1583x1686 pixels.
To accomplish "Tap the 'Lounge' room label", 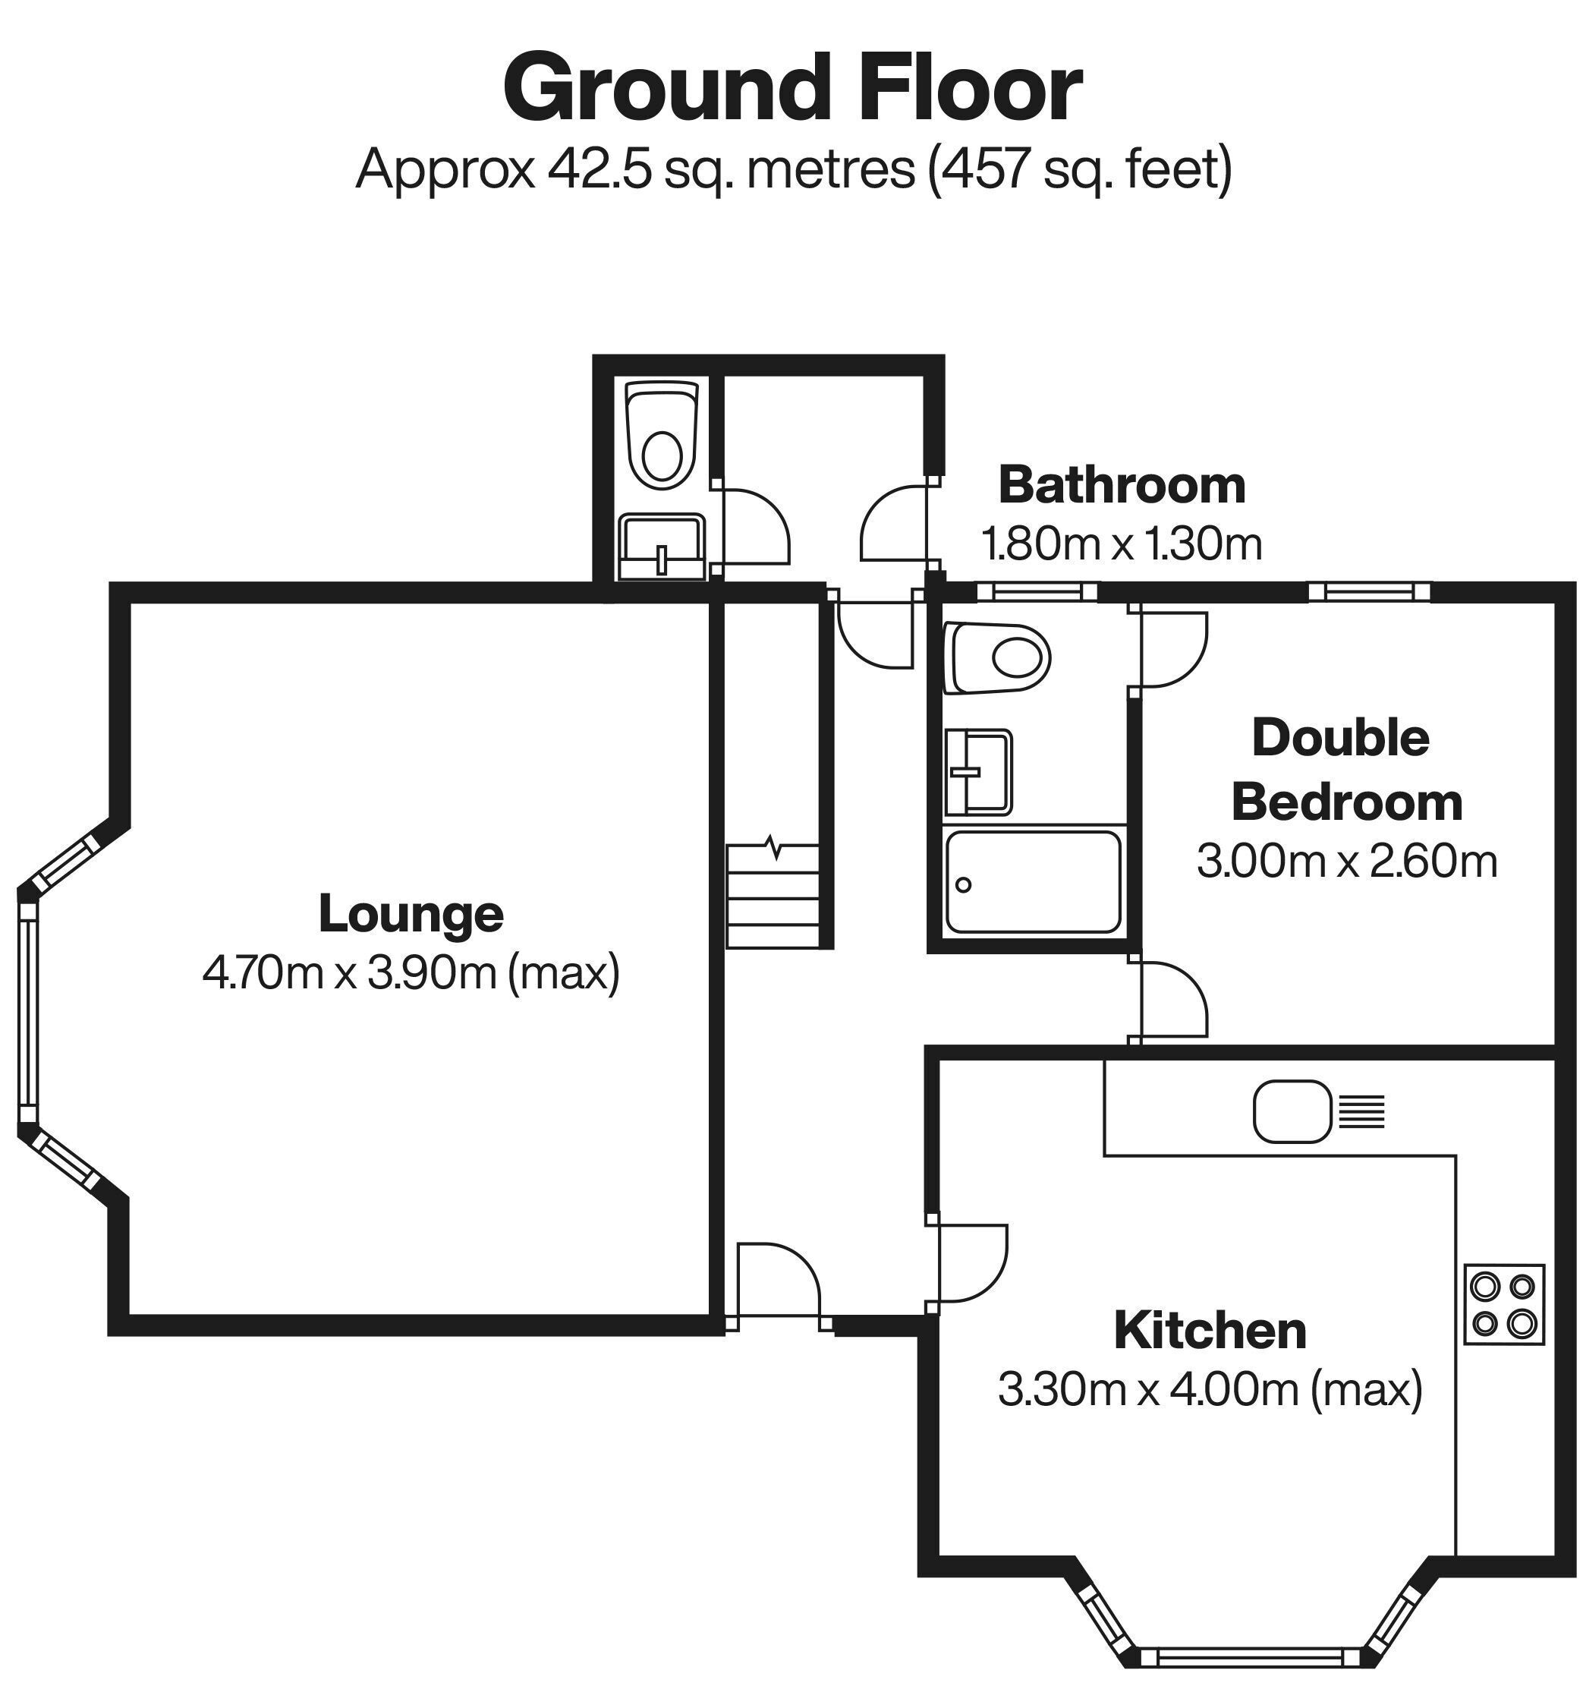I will [x=411, y=913].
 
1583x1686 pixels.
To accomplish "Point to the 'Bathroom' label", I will [x=1121, y=485].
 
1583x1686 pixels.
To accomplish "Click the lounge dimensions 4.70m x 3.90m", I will [x=411, y=972].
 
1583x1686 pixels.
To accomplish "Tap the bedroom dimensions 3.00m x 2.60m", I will [x=1346, y=861].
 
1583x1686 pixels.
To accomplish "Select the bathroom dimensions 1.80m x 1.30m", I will [x=1121, y=544].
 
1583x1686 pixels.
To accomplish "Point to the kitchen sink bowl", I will [x=1291, y=1111].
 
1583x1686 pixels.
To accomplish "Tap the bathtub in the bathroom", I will [x=1033, y=882].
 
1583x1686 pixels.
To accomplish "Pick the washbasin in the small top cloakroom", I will [x=661, y=544].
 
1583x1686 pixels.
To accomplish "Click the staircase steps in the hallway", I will [x=773, y=897].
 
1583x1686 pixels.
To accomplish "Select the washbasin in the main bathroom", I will [x=978, y=772].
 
